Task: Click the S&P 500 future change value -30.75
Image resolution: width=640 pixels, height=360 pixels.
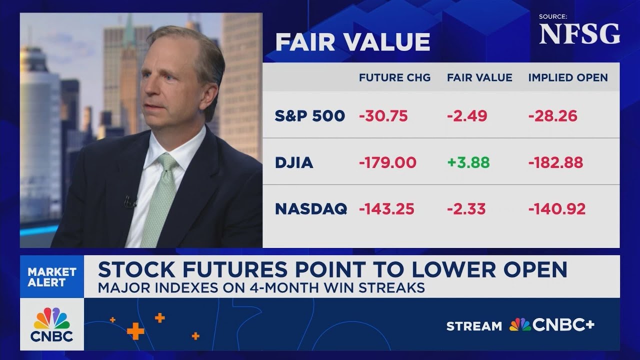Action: click(383, 116)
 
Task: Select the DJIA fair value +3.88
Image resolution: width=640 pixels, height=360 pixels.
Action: click(468, 162)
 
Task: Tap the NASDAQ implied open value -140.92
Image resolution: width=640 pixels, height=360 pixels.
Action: click(556, 208)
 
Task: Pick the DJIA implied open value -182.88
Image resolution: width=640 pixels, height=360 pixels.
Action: click(555, 162)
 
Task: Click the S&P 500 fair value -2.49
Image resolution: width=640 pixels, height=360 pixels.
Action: click(467, 116)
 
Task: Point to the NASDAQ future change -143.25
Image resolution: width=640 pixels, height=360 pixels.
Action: click(386, 208)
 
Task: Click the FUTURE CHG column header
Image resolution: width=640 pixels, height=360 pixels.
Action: click(394, 77)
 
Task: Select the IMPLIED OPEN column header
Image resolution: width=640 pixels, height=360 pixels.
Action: click(568, 77)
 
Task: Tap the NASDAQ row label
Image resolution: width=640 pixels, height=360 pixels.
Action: click(310, 209)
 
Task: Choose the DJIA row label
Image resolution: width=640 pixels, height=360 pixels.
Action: click(294, 163)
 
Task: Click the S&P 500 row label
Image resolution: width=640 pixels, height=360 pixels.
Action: click(310, 116)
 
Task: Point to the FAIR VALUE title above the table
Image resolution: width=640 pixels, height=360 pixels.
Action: click(352, 42)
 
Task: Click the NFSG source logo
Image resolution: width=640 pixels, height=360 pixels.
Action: click(579, 34)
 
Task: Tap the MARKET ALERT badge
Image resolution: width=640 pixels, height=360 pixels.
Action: click(52, 277)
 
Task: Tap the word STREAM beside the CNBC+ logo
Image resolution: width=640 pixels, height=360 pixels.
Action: click(474, 326)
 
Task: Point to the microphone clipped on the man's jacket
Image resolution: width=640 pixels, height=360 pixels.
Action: click(130, 201)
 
